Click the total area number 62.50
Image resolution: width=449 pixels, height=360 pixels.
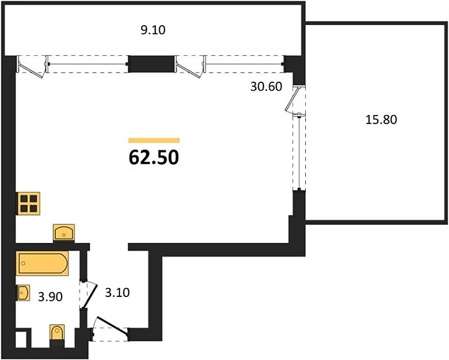pos(154,157)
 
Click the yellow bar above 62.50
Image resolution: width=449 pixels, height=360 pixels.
pos(154,139)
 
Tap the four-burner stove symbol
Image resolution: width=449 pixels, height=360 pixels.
pos(29,204)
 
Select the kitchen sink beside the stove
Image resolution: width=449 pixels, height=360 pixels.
pos(64,231)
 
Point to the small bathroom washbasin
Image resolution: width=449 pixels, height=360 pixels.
pos(23,293)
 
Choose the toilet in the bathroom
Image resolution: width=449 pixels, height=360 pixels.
pos(57,334)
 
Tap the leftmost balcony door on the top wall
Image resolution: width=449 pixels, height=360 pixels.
pos(31,64)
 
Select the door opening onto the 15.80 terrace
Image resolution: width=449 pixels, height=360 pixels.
pos(297,101)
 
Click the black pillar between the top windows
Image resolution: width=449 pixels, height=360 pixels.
pos(152,62)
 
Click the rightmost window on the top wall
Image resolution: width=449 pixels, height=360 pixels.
pos(244,62)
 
